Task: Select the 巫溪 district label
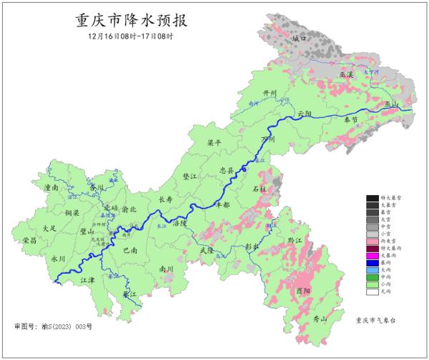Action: click(x=347, y=74)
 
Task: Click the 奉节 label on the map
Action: click(x=350, y=121)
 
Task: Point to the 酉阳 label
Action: click(x=303, y=291)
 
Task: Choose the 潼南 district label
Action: click(x=51, y=187)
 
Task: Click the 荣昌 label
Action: click(x=29, y=240)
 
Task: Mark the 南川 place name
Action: click(x=167, y=269)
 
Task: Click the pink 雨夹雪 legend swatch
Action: click(x=373, y=240)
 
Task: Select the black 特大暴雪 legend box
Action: click(x=373, y=197)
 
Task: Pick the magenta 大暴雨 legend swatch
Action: click(x=373, y=257)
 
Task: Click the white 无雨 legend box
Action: click(x=373, y=291)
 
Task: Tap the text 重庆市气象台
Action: click(x=376, y=320)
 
